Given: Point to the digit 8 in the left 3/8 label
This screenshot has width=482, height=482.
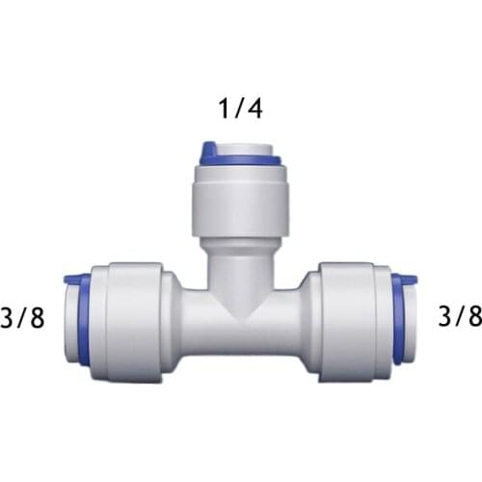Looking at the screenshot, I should pyautogui.click(x=37, y=318).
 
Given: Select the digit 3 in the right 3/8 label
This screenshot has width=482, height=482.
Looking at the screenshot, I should pyautogui.click(x=445, y=316).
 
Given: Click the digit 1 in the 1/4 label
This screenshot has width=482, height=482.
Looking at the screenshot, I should pyautogui.click(x=224, y=108).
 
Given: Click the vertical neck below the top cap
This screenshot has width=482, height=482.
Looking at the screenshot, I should pyautogui.click(x=238, y=260).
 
